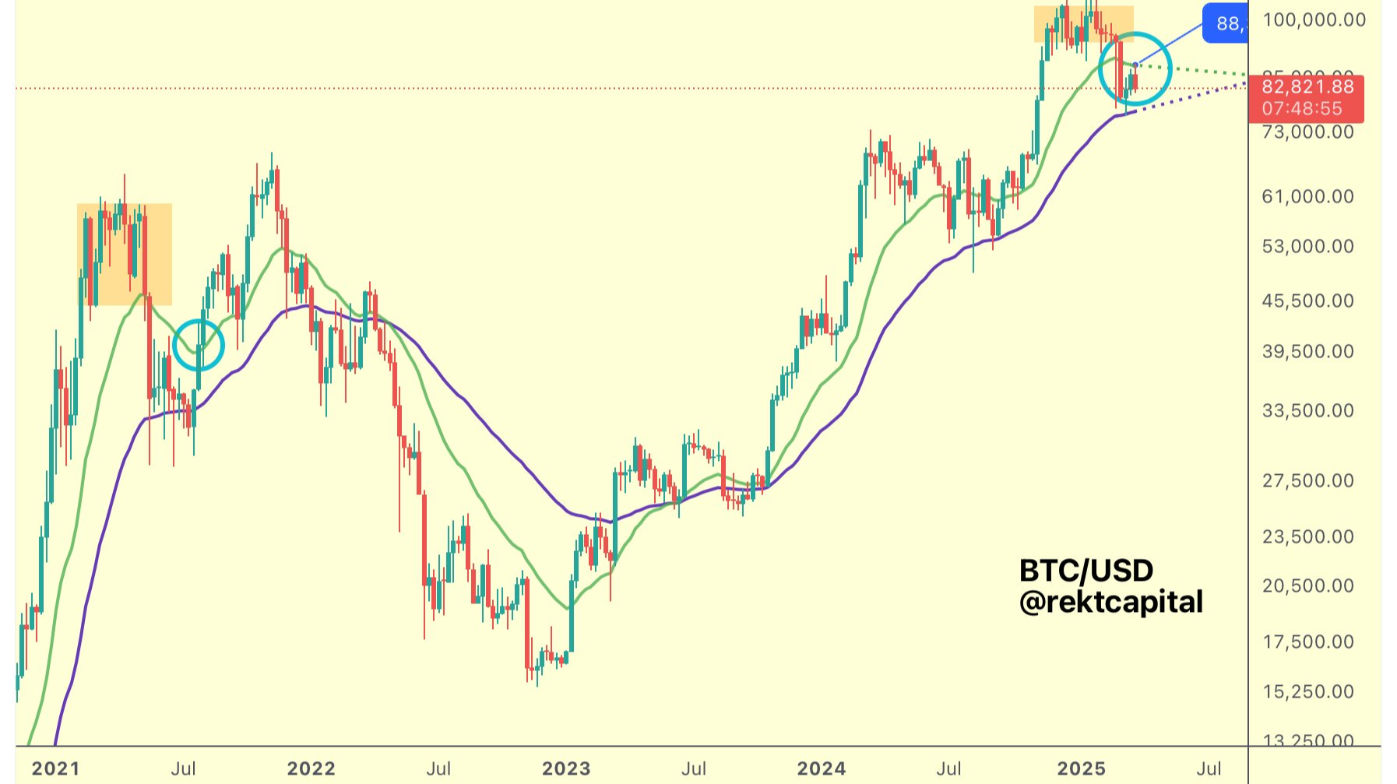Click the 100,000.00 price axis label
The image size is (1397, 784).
click(1314, 19)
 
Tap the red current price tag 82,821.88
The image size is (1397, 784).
click(1307, 86)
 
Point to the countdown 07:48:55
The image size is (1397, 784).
click(1302, 109)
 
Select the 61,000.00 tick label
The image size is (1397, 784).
click(1307, 196)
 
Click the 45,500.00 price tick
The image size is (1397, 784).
click(1307, 301)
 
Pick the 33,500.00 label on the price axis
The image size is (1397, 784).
click(1307, 410)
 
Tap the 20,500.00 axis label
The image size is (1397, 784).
click(1307, 585)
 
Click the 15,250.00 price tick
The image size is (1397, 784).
click(1307, 691)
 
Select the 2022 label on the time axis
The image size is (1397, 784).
click(311, 768)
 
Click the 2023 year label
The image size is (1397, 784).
click(566, 768)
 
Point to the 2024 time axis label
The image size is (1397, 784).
click(822, 768)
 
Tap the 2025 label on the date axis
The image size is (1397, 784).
click(1081, 768)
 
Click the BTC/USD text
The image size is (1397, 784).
click(1086, 571)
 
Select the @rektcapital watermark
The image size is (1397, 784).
click(1111, 602)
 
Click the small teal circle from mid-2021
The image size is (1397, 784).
click(199, 345)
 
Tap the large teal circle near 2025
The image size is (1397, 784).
click(1135, 69)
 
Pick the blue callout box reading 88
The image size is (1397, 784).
click(1226, 23)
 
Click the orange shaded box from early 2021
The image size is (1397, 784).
click(125, 254)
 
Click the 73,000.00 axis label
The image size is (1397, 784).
click(1307, 132)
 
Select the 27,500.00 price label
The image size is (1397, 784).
click(1307, 480)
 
